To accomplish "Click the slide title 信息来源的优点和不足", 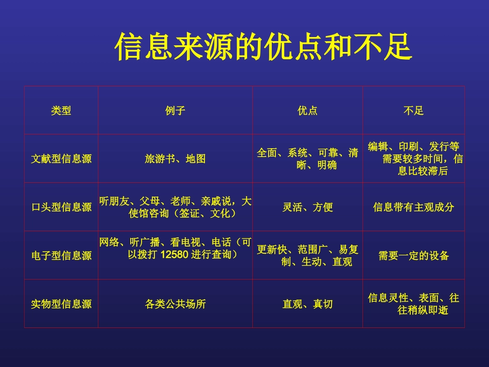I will click(263, 47).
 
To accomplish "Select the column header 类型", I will click(61, 111).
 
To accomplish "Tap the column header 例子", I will click(175, 111).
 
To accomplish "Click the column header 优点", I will click(307, 111).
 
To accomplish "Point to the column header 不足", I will click(413, 111).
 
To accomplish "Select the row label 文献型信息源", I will click(61, 159).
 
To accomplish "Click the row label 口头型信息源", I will click(61, 207).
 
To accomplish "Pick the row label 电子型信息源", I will click(61, 256).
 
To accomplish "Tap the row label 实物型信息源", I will click(61, 304).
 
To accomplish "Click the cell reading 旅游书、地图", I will click(175, 159).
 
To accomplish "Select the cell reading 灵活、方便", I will click(307, 207).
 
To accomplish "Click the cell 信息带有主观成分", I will click(413, 207).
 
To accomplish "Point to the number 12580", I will click(177, 254).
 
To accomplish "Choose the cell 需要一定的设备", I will click(413, 256).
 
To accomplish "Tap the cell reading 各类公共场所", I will click(175, 304).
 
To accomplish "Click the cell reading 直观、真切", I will click(307, 304).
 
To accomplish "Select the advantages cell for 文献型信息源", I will click(307, 159).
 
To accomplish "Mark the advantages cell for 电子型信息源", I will click(307, 256).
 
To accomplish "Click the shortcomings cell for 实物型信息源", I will click(413, 304).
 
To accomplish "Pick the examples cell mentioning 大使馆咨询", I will click(175, 207).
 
